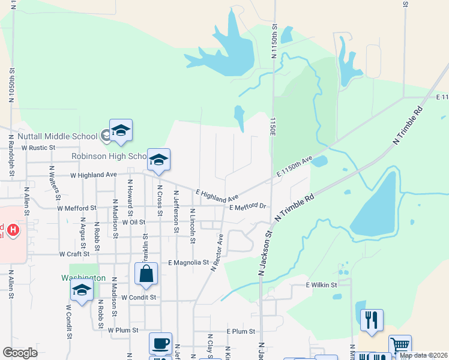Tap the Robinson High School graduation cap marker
click(159, 160)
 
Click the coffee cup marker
click(160, 344)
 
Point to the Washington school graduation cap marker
click(82, 291)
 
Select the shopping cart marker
click(400, 346)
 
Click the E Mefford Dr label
click(247, 207)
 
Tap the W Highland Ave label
click(93, 175)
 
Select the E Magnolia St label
click(188, 262)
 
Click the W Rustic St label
click(38, 147)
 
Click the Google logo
click(20, 353)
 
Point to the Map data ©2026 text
click(423, 355)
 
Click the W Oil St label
click(134, 222)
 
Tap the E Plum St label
click(241, 331)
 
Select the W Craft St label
click(74, 254)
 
